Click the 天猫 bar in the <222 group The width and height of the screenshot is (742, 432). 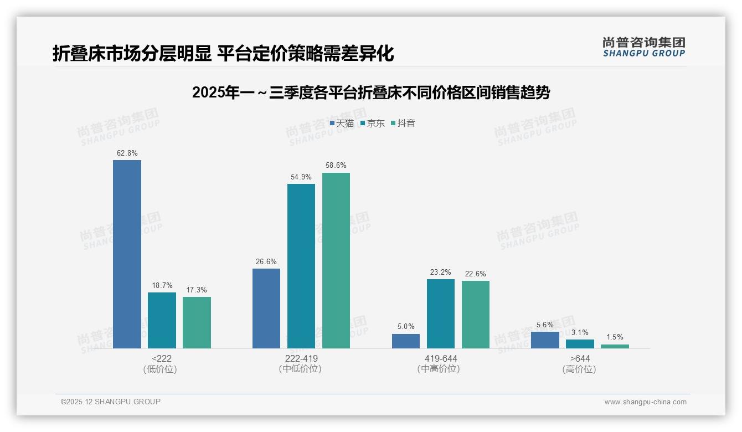[x=127, y=254]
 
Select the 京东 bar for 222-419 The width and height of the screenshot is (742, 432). [x=301, y=266]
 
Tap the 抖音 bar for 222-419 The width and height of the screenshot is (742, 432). [x=336, y=260]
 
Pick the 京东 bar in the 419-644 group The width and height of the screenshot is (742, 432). [x=440, y=313]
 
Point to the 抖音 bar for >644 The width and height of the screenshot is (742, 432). [x=615, y=346]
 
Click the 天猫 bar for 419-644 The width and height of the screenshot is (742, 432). [x=406, y=341]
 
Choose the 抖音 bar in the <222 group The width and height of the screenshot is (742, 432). [x=197, y=322]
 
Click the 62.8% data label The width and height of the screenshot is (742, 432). [x=127, y=153]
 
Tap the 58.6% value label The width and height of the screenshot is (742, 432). [x=336, y=166]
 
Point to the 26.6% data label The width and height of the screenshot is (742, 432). [x=266, y=261]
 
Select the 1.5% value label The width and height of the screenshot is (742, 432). [x=615, y=337]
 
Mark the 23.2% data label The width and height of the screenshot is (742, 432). [x=440, y=272]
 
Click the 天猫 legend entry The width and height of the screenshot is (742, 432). [x=342, y=124]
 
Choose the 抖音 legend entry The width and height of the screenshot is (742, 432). [x=403, y=124]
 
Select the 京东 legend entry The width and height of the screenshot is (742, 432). [x=372, y=124]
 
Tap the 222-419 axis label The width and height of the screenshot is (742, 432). [x=301, y=359]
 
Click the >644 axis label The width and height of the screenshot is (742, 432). [x=580, y=359]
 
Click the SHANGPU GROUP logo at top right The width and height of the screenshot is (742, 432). [x=643, y=47]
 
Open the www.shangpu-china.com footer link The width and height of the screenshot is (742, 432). [x=645, y=402]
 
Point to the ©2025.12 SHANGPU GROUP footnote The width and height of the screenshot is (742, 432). [x=111, y=402]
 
